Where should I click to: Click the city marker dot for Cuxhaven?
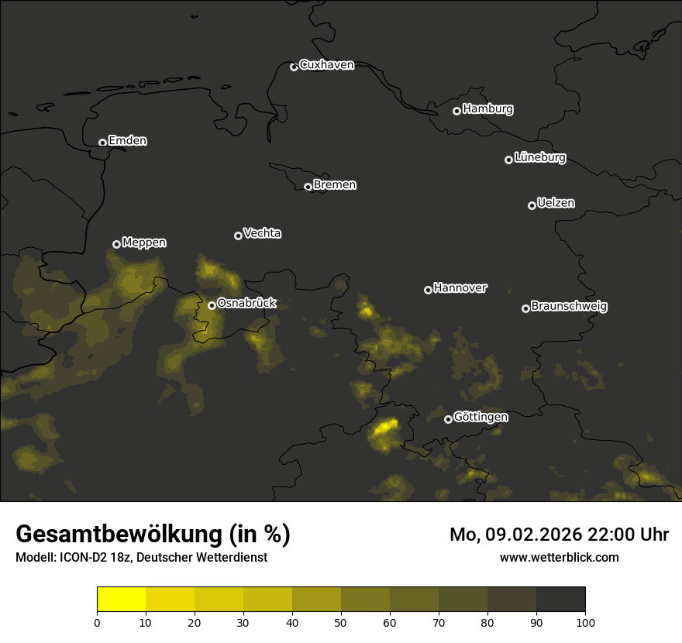coord(294,67)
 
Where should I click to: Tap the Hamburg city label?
coord(487,109)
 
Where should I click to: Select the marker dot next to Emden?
coord(102,143)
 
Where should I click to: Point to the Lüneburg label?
coord(539,158)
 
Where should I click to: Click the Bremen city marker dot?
coord(308,187)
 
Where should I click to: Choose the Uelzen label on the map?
coord(556,203)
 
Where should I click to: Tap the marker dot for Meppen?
coord(116,244)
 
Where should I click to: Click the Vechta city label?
coord(262,233)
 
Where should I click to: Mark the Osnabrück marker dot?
coord(212,305)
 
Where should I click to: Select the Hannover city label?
coord(460,288)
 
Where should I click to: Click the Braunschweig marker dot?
coord(525,308)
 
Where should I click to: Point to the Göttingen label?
coord(480,417)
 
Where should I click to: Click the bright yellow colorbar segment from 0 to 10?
coord(122,600)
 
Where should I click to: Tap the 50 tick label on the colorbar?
coord(341,622)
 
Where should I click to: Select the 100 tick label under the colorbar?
coord(585,622)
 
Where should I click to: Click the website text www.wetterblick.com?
coord(560,557)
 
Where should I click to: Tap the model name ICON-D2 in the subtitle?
coord(81,558)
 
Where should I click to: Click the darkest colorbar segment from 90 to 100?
coord(560,600)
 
